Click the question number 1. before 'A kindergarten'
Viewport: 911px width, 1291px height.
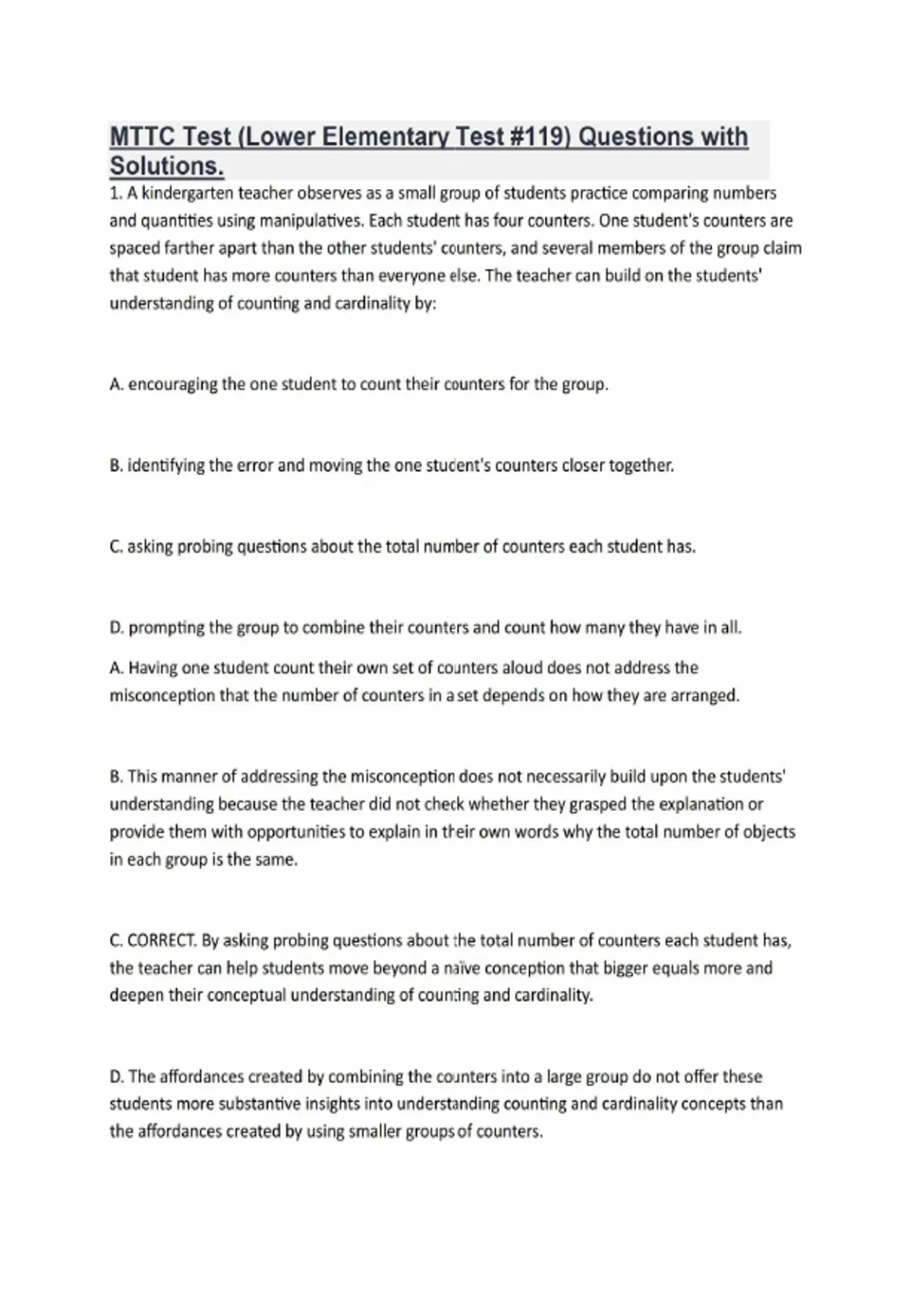click(x=116, y=194)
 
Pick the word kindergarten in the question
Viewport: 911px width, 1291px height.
click(x=190, y=194)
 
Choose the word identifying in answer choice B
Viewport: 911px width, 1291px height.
click(x=165, y=466)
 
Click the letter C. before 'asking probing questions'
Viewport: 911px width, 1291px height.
click(x=116, y=547)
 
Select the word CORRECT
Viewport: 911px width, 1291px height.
click(x=162, y=941)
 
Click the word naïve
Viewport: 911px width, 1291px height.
click(x=462, y=968)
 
